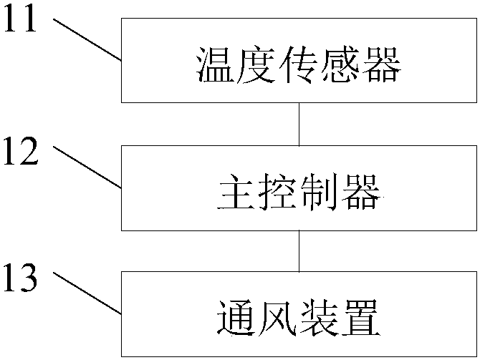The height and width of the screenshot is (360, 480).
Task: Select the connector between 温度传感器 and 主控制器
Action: (x=299, y=124)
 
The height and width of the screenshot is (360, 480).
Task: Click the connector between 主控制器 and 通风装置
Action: (x=299, y=251)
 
